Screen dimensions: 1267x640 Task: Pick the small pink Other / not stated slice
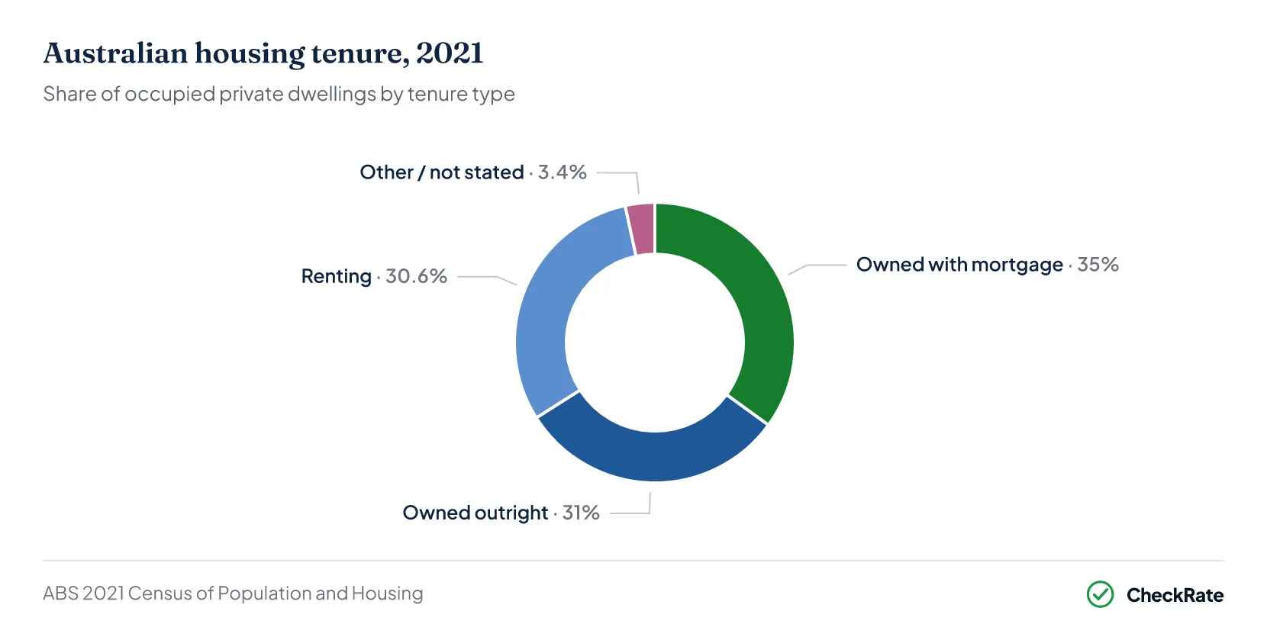641,229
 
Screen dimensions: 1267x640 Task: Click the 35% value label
1098,265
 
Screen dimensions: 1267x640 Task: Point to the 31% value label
581,513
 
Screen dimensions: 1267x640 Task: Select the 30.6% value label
416,276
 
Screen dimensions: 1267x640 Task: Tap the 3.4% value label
563,172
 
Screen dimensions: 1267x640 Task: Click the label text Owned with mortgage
960,265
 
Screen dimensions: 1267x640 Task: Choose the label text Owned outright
476,513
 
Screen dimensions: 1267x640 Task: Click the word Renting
337,277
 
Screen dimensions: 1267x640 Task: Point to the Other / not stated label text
442,172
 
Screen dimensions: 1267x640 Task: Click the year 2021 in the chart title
450,53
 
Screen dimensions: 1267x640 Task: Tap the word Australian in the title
115,53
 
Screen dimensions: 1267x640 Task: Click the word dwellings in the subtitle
331,95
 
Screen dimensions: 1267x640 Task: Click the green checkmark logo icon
1100,594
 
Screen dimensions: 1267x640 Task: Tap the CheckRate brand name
1175,595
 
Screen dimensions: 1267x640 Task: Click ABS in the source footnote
60,593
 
